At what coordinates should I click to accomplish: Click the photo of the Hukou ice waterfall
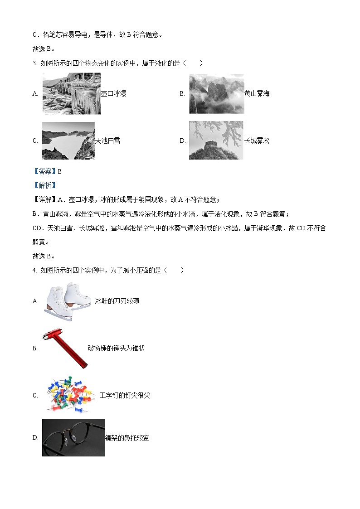(x=72, y=93)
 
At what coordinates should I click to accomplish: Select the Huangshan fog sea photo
(x=216, y=93)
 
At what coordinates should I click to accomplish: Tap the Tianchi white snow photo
(x=68, y=141)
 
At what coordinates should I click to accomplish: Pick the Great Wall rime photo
(x=216, y=140)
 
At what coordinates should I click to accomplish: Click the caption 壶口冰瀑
(x=113, y=94)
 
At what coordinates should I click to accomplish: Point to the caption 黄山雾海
(x=257, y=94)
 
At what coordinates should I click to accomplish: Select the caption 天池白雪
(x=107, y=141)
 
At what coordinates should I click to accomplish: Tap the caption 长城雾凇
(x=257, y=141)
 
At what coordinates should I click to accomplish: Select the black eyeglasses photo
(x=73, y=437)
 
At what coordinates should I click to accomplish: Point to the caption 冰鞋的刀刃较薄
(x=117, y=301)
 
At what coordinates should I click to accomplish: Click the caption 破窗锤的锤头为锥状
(x=116, y=348)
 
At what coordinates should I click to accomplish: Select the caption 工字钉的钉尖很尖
(x=125, y=395)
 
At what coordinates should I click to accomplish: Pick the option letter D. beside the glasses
(x=35, y=438)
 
